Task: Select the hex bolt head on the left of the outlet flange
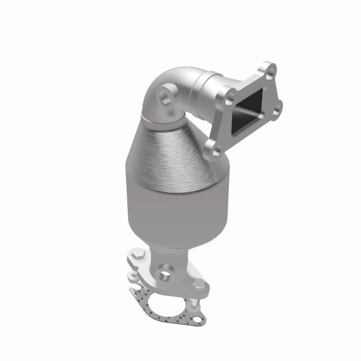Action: click(x=139, y=256)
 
